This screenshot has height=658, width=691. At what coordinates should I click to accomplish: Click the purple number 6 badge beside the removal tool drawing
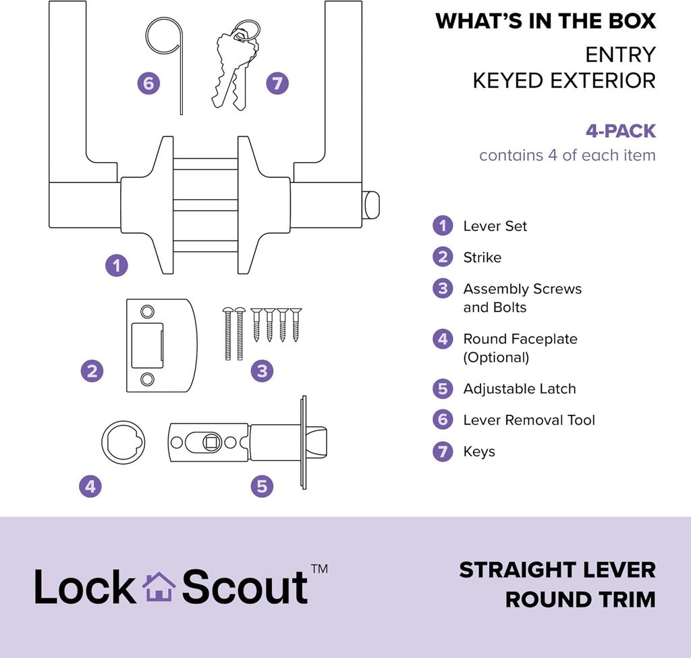coord(148,84)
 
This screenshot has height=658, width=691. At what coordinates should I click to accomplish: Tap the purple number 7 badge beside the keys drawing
coord(277,84)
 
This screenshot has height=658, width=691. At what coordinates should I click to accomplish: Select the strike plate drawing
coord(161,345)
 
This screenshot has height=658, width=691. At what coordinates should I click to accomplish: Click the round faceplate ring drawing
coord(123,442)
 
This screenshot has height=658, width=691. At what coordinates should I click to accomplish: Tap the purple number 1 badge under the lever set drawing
coord(117,265)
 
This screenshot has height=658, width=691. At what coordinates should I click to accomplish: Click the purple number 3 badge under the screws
coord(262,370)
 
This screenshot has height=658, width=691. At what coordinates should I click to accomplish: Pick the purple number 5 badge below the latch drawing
coord(262,485)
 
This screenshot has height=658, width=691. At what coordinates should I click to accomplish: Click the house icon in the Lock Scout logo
coord(159,587)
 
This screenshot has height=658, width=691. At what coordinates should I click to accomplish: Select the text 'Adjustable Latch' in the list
coord(519,389)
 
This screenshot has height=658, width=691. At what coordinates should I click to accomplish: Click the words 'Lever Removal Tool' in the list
coord(528,420)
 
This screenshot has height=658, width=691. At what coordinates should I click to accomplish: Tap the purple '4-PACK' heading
coord(620,130)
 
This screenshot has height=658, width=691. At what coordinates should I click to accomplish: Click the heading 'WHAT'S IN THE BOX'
coord(545,21)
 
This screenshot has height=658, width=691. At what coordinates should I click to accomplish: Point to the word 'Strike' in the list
coord(482,257)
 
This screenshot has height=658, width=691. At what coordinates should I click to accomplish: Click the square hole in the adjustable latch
coord(211,442)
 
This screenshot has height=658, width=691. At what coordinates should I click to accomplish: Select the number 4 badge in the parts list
coord(442,339)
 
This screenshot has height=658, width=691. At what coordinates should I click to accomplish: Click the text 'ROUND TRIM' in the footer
coord(580,599)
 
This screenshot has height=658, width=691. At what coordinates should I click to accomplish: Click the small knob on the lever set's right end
coord(371,205)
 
